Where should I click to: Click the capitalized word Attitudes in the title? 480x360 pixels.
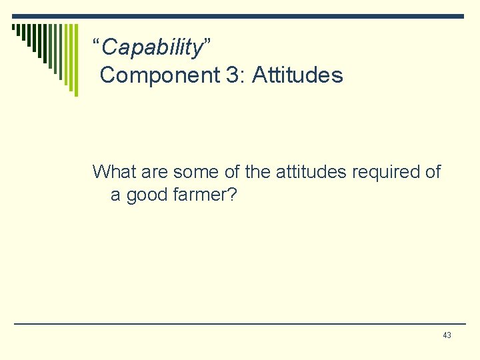pyautogui.click(x=298, y=75)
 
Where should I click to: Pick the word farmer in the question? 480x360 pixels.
pyautogui.click(x=198, y=196)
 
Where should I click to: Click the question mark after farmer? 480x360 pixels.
pyautogui.click(x=233, y=196)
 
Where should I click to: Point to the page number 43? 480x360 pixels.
pyautogui.click(x=447, y=335)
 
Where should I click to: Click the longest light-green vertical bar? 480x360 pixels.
pyautogui.click(x=76, y=60)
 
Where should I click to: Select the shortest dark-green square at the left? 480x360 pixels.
pyautogui.click(x=14, y=27)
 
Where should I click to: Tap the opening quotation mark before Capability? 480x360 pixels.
pyautogui.click(x=96, y=44)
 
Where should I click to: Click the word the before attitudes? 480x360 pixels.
pyautogui.click(x=257, y=172)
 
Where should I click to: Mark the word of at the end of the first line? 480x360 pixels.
pyautogui.click(x=433, y=172)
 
